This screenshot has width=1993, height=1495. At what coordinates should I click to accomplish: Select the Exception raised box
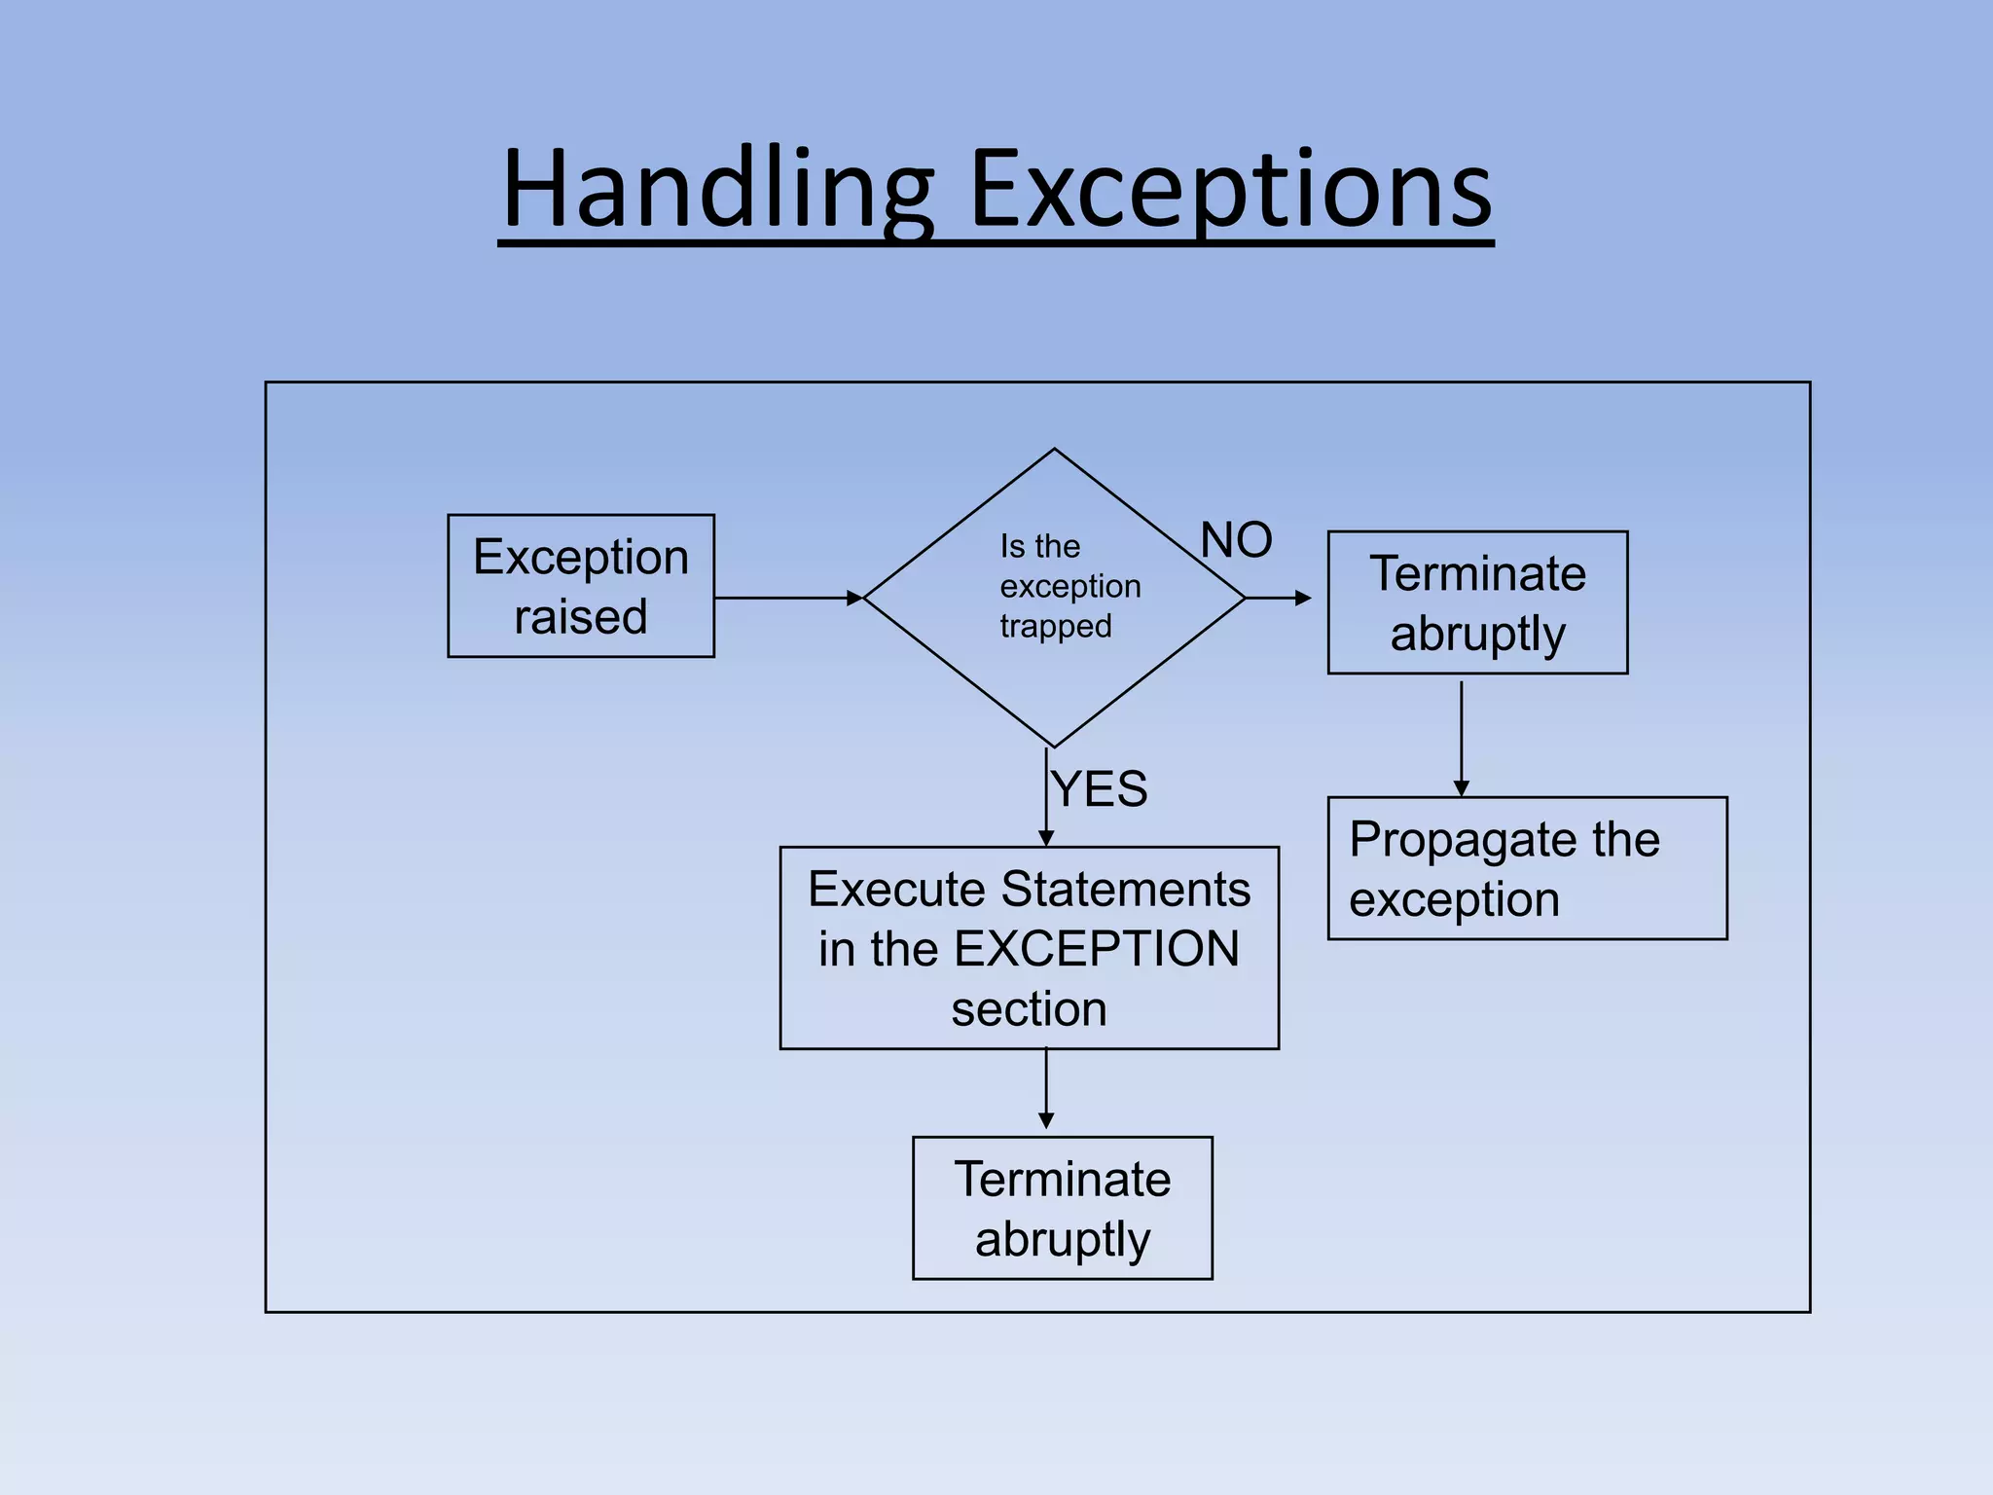[x=581, y=586]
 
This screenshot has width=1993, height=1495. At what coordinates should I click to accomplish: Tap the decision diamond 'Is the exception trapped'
[x=1054, y=598]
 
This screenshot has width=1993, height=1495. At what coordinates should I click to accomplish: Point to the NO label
[x=1236, y=540]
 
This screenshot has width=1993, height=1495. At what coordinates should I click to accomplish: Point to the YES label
[x=1100, y=788]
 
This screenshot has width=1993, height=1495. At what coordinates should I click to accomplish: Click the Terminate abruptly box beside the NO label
[x=1477, y=602]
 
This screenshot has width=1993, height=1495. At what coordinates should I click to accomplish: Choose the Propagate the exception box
[x=1527, y=868]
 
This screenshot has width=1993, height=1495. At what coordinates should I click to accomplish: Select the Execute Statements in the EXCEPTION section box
[x=1029, y=948]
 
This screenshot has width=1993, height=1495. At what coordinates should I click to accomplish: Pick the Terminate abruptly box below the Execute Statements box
[x=1062, y=1208]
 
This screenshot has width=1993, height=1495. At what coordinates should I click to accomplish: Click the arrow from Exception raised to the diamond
[x=788, y=599]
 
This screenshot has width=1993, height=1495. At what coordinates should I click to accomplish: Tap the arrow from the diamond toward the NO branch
[x=1279, y=599]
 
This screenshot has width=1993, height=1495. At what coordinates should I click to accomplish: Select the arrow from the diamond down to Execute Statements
[x=1046, y=798]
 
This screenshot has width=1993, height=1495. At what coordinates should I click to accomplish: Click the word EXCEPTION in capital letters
[x=1097, y=949]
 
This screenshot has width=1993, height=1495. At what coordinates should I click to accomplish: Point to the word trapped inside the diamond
[x=1056, y=626]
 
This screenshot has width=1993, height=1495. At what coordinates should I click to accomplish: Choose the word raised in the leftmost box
[x=581, y=617]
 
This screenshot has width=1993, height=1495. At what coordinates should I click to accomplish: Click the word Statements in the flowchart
[x=1126, y=890]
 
